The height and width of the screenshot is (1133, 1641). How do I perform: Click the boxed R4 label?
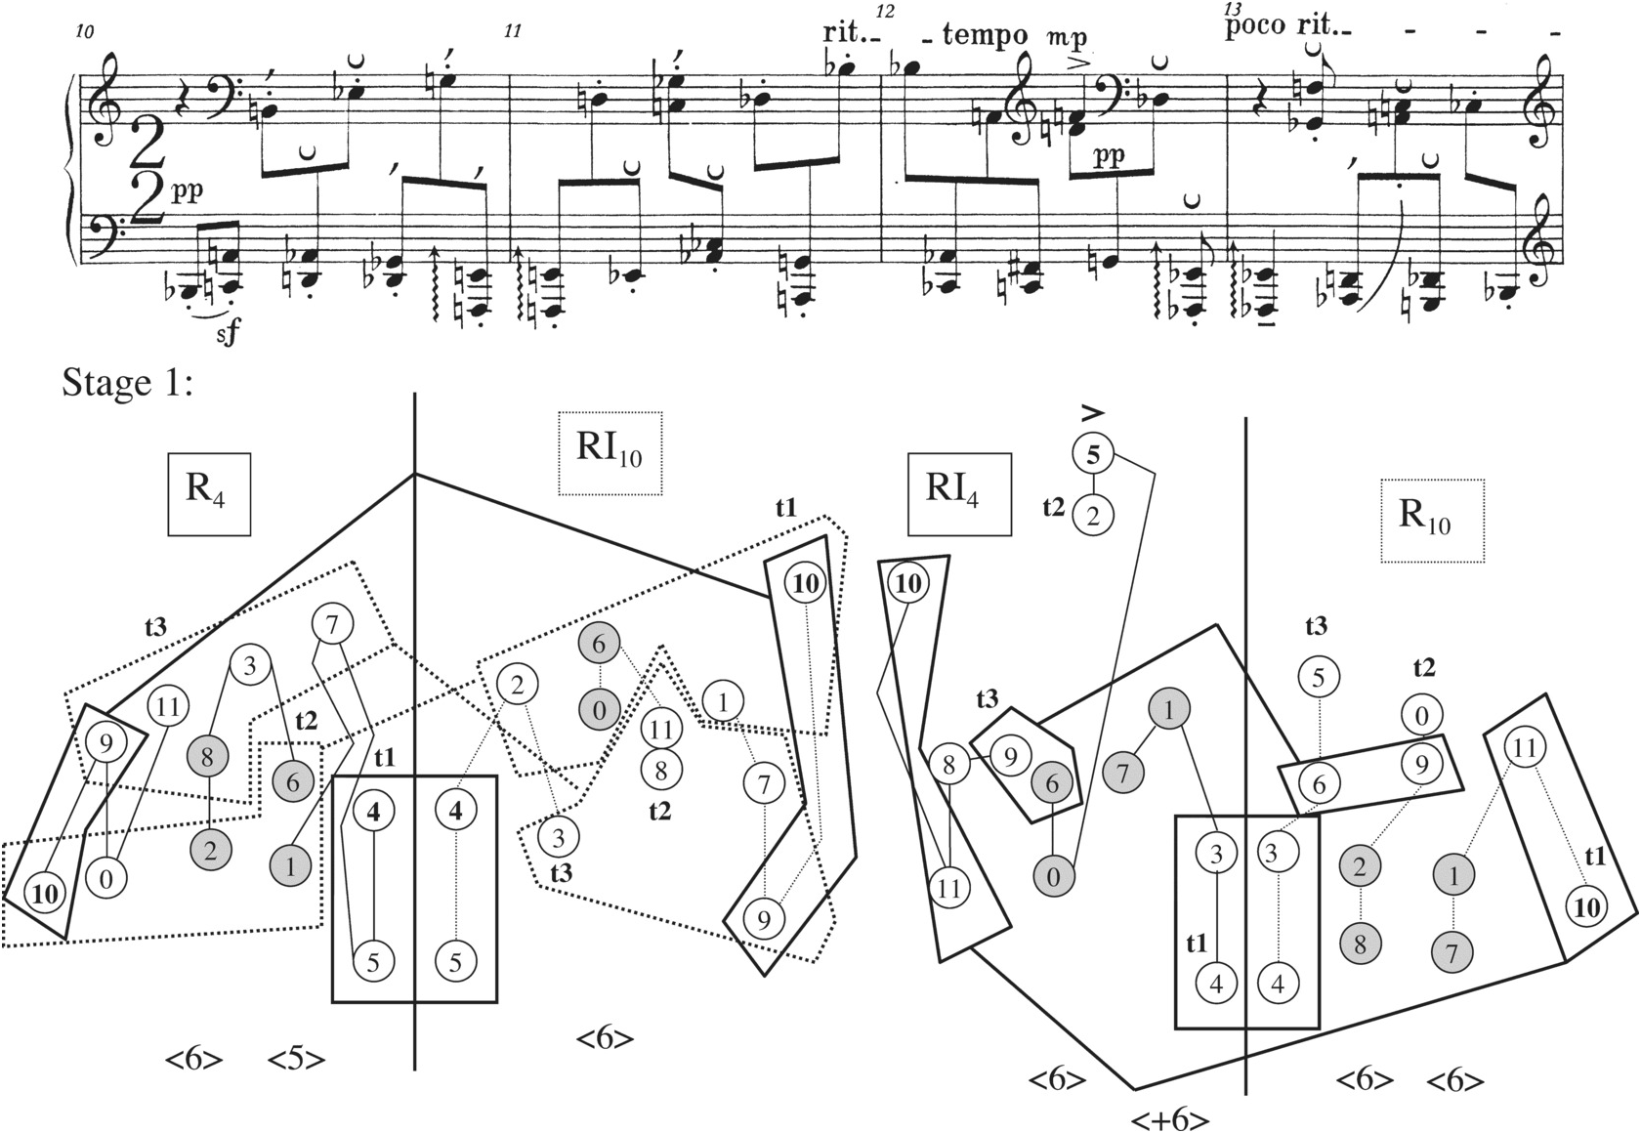tap(209, 494)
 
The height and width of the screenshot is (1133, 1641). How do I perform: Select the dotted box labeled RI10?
tap(610, 453)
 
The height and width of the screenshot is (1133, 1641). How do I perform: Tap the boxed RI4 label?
tap(959, 494)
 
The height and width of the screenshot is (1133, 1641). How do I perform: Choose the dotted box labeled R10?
tap(1432, 521)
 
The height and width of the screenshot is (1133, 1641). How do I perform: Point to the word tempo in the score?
tap(986, 36)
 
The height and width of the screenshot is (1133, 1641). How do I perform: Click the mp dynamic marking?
tap(1066, 38)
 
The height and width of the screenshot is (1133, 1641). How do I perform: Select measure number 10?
tap(84, 32)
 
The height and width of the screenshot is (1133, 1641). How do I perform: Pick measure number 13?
tap(1231, 9)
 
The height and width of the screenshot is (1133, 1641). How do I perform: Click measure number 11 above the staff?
tap(512, 32)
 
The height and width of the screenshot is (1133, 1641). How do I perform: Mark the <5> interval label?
tap(296, 1060)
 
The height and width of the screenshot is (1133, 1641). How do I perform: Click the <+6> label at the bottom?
tap(1170, 1118)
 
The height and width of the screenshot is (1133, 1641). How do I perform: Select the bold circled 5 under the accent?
tap(1093, 453)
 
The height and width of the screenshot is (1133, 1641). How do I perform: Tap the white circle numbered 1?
tap(722, 700)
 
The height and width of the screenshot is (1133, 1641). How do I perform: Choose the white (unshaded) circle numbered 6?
tap(1319, 783)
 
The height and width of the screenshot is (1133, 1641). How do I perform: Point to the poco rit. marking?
tap(1280, 26)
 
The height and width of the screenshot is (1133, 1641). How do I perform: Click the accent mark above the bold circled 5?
tap(1093, 411)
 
